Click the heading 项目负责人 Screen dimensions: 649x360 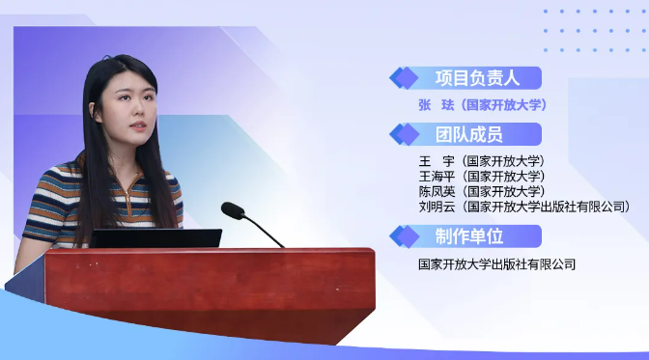tap(477, 78)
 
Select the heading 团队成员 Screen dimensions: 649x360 tap(468, 134)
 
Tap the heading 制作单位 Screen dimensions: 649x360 tap(468, 236)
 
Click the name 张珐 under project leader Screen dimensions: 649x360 tap(437, 105)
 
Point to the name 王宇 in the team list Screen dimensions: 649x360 tap(437, 161)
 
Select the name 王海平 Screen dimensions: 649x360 tap(437, 177)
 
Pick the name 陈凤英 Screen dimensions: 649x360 tap(437, 191)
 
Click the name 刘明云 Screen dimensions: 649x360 tap(437, 207)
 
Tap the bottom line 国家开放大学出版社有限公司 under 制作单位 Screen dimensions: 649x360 tap(496, 264)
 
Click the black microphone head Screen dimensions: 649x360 tap(233, 210)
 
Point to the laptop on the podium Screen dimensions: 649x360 tap(155, 238)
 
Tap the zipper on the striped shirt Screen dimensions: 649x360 tap(128, 199)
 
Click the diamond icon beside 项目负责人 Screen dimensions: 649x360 tap(405, 78)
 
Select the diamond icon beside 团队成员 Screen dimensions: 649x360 tap(405, 134)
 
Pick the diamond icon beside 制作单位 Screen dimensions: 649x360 tap(405, 236)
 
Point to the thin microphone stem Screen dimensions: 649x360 tap(264, 230)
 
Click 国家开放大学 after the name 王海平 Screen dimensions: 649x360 tap(504, 177)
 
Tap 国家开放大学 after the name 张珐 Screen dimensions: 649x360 tap(504, 105)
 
